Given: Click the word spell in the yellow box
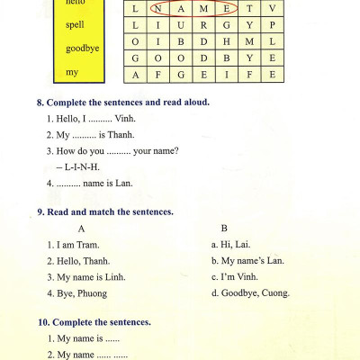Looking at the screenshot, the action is [x=75, y=24].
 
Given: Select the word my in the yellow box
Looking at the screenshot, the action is [x=72, y=71].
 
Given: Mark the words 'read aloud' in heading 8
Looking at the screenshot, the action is [x=185, y=102].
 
